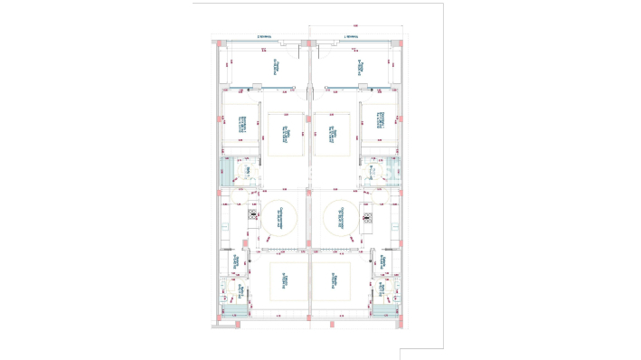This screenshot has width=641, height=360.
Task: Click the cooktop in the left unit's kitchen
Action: [252, 216]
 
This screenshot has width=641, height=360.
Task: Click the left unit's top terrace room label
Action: [276, 65]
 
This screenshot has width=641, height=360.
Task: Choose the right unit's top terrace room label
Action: [356, 65]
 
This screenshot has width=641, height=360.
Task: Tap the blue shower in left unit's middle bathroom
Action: [225, 175]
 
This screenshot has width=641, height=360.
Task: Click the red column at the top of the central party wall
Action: [310, 42]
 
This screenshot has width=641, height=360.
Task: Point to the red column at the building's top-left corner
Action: [218, 42]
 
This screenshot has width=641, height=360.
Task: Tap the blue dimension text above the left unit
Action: [265, 36]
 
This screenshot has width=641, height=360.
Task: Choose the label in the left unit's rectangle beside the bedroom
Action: [286, 134]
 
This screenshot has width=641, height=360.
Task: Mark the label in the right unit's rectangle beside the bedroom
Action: [331, 134]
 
